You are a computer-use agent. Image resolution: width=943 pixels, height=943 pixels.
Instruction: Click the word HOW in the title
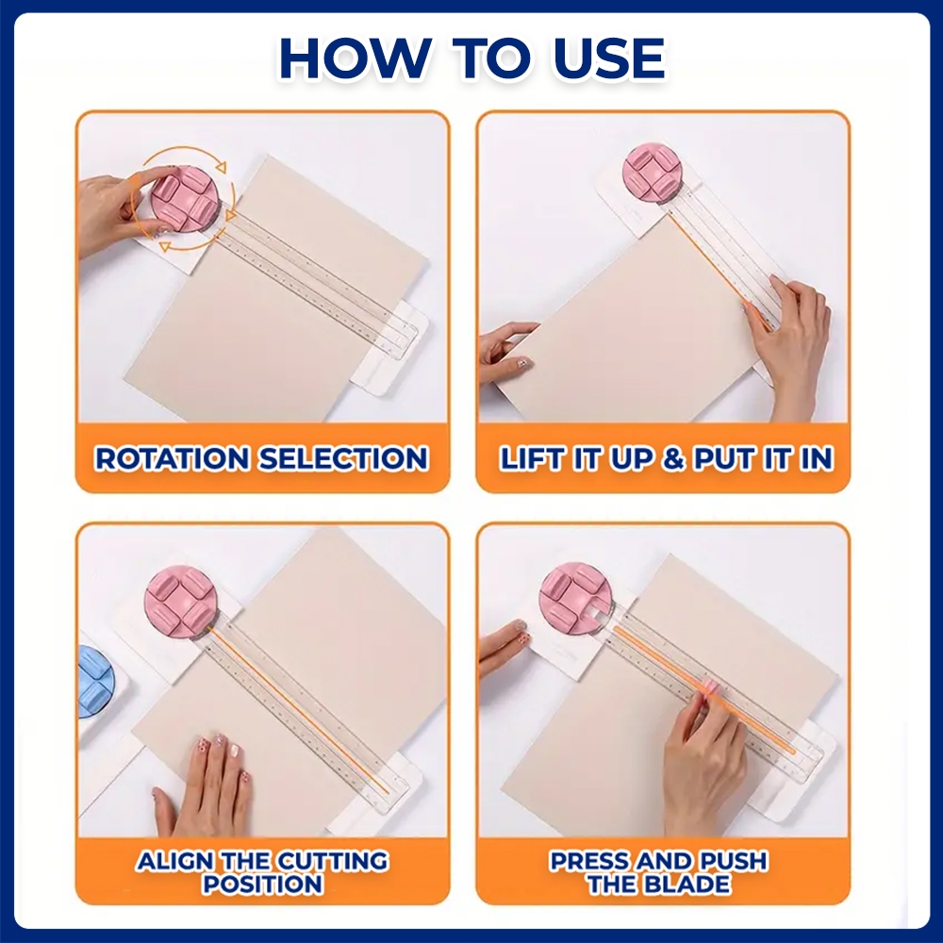[354, 58]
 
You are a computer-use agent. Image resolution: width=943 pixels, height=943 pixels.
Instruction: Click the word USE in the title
[608, 58]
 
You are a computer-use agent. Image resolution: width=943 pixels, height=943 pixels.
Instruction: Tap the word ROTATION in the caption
[172, 458]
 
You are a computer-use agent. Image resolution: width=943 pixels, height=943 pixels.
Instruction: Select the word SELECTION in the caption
[343, 458]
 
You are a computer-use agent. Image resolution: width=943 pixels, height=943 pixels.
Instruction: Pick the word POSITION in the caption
[263, 885]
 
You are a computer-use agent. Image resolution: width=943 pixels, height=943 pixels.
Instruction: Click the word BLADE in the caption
[687, 885]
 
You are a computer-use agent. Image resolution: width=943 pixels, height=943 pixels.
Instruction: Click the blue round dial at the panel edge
[95, 682]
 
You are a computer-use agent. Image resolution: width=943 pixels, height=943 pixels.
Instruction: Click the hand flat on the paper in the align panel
[205, 782]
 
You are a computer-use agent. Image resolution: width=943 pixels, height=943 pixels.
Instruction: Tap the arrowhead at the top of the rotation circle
[221, 167]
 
